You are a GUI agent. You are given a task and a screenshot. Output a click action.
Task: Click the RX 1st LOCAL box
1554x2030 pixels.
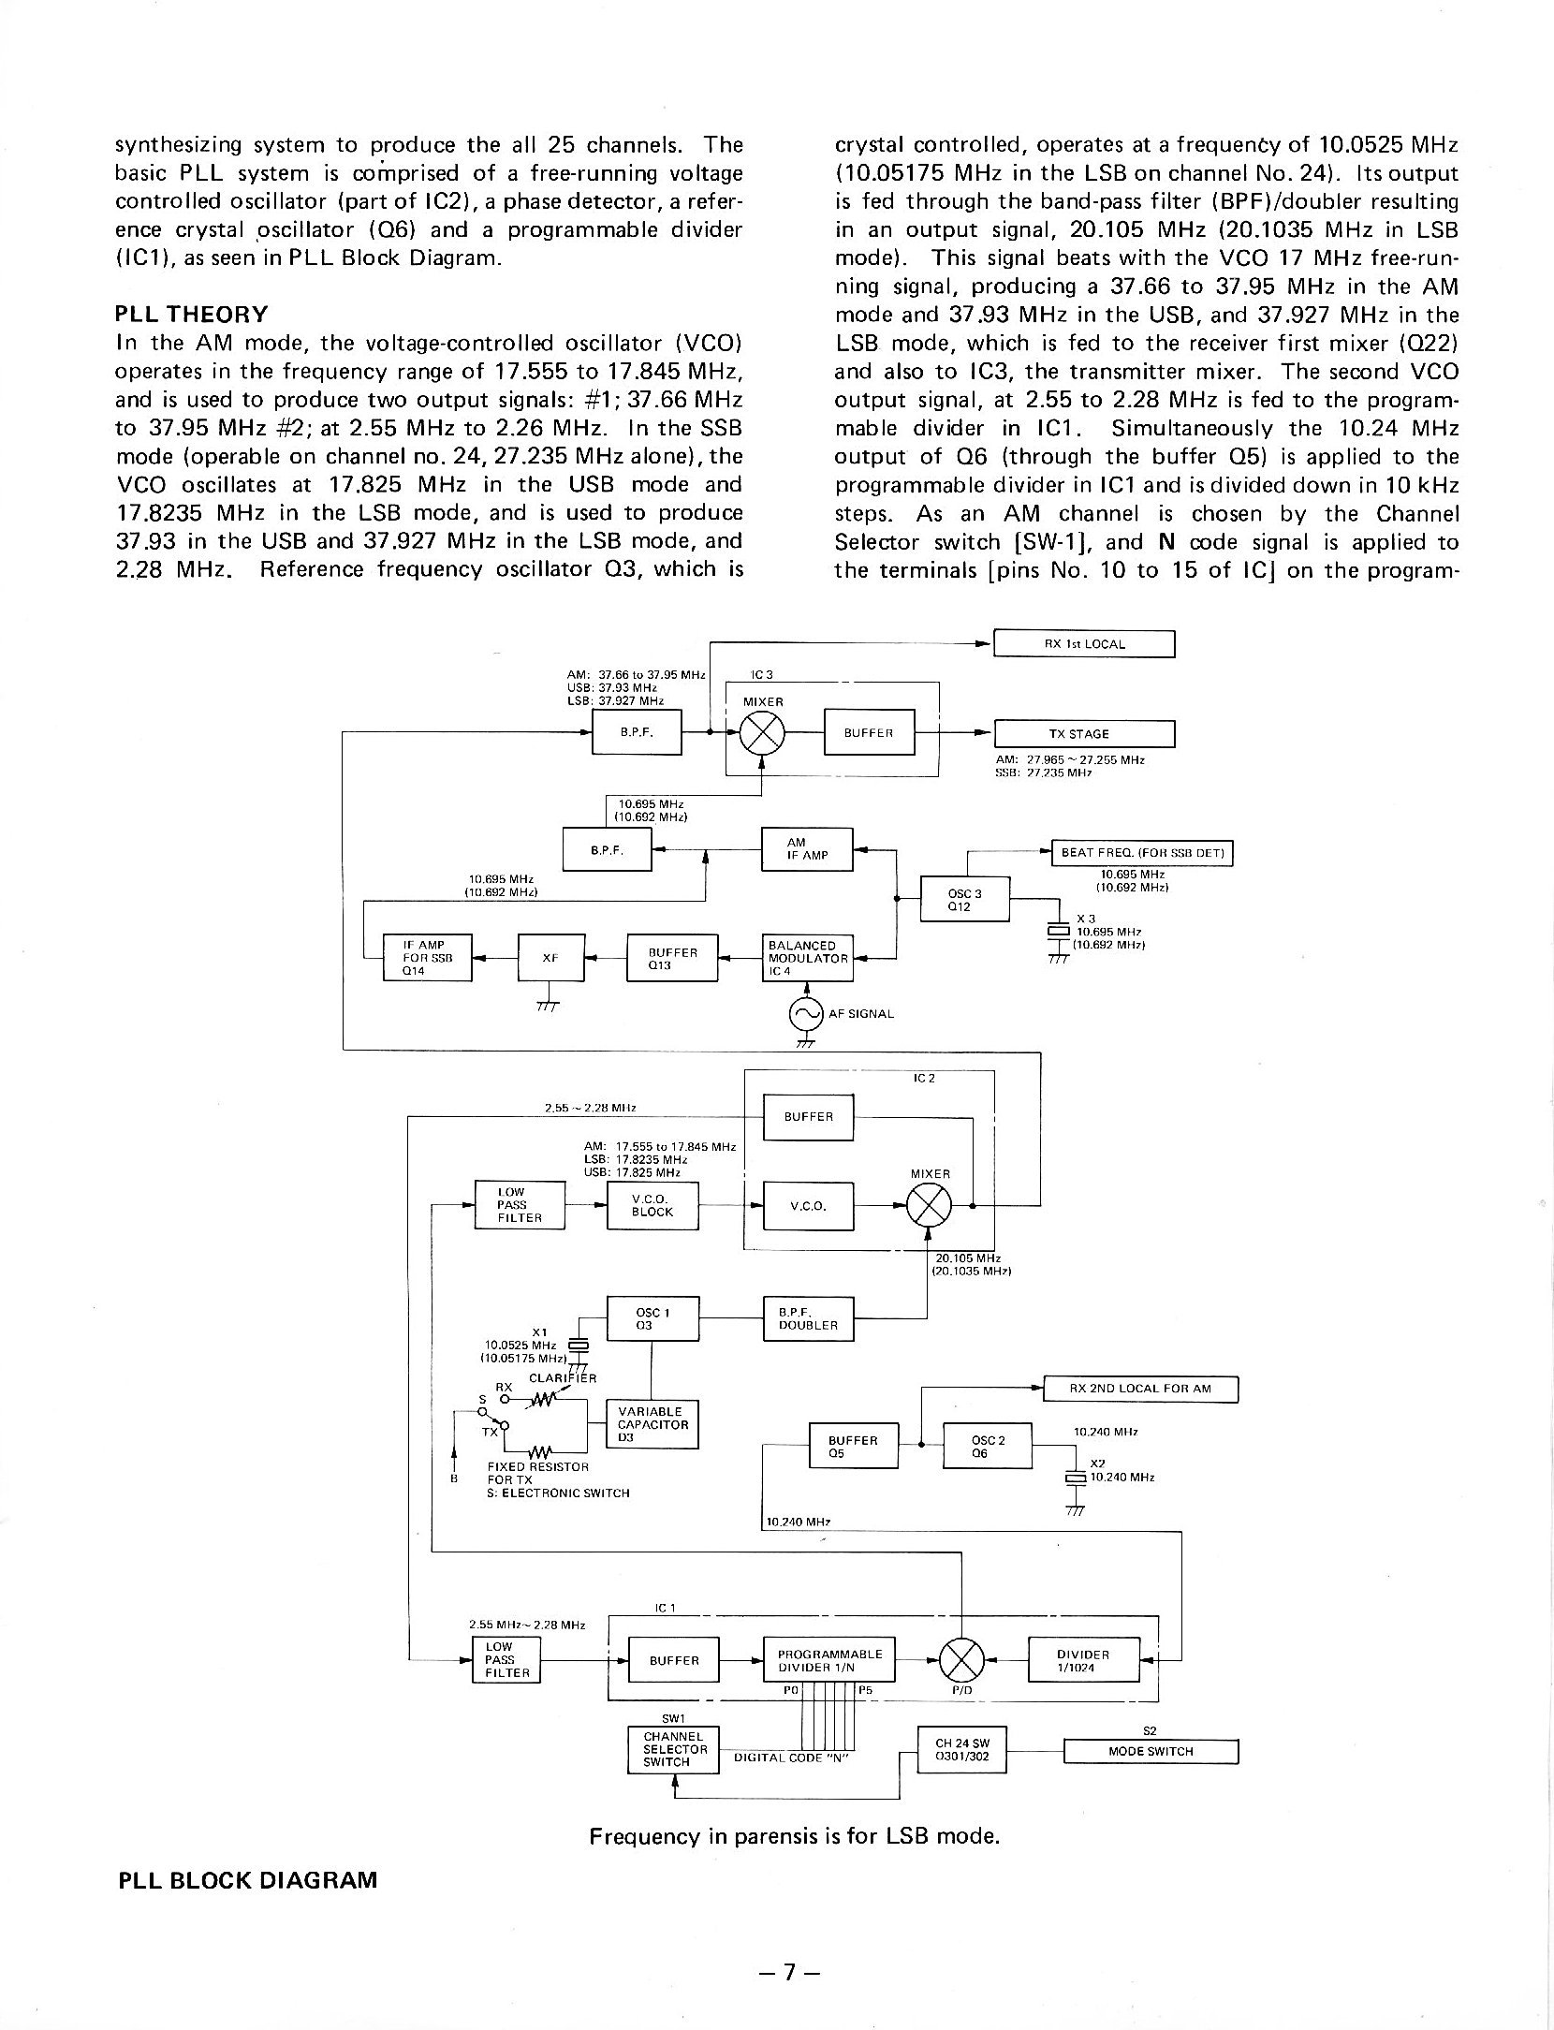coord(1083,644)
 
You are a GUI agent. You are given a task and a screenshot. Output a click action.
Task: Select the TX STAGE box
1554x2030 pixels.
coord(1083,733)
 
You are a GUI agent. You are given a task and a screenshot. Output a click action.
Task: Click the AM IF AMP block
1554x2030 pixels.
coord(807,849)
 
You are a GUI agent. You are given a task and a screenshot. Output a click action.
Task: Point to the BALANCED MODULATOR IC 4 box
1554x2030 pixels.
coord(808,958)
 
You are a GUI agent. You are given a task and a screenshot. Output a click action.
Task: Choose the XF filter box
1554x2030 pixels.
coord(550,958)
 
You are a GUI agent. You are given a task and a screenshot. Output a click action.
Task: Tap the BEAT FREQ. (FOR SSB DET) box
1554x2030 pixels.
coord(1143,854)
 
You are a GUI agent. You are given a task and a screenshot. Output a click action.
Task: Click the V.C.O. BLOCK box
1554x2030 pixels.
coord(652,1205)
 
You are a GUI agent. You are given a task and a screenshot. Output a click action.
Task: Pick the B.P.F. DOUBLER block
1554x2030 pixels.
coord(808,1318)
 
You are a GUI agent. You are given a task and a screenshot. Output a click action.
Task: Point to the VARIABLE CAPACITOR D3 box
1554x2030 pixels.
coord(652,1424)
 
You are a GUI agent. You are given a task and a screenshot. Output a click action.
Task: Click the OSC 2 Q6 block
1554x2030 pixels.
coord(987,1447)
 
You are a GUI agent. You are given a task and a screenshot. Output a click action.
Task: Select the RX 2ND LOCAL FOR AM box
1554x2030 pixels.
coord(1139,1389)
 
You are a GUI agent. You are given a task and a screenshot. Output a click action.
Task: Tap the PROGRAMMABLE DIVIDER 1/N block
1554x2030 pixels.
coord(828,1660)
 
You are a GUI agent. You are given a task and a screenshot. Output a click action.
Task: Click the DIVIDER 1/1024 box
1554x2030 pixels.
coord(1084,1660)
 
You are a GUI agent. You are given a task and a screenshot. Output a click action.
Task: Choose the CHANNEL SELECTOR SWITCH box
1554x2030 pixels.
coord(672,1749)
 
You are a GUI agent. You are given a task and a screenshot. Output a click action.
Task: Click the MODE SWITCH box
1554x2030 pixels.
coord(1151,1751)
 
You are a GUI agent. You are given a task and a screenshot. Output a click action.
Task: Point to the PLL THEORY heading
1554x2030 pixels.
coord(191,314)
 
